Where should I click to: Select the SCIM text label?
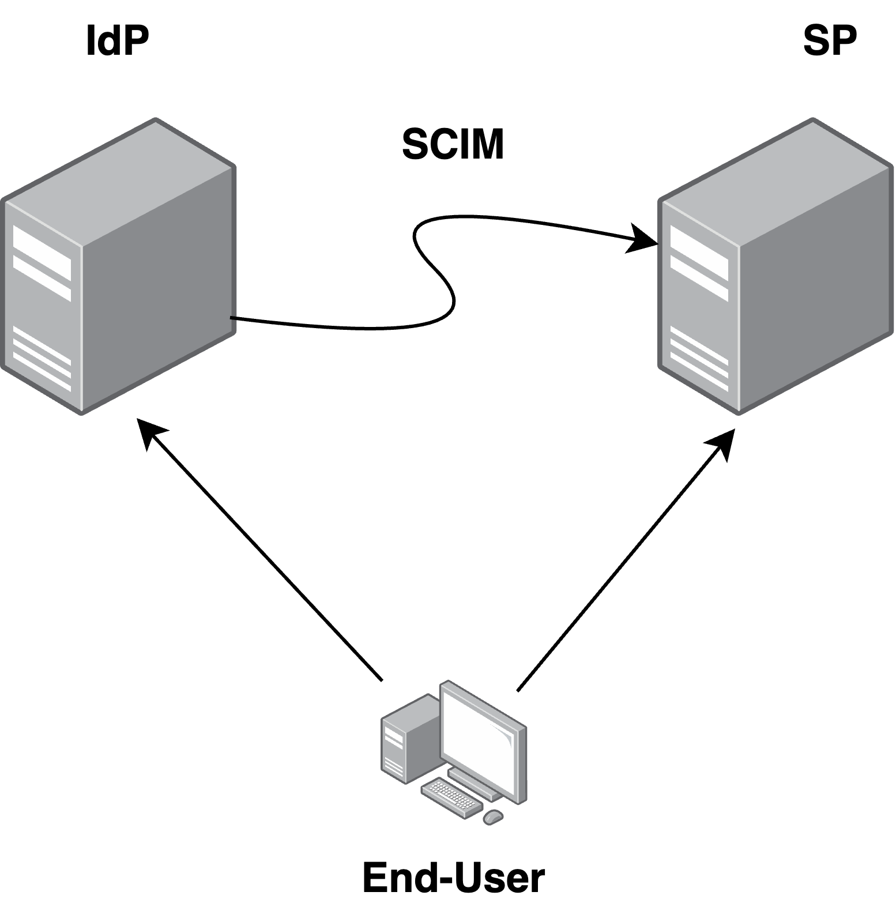tap(453, 144)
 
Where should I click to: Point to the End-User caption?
tap(453, 877)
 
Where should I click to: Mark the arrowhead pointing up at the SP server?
tap(724, 441)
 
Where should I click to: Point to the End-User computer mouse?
tap(493, 817)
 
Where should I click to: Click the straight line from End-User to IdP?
tap(265, 556)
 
